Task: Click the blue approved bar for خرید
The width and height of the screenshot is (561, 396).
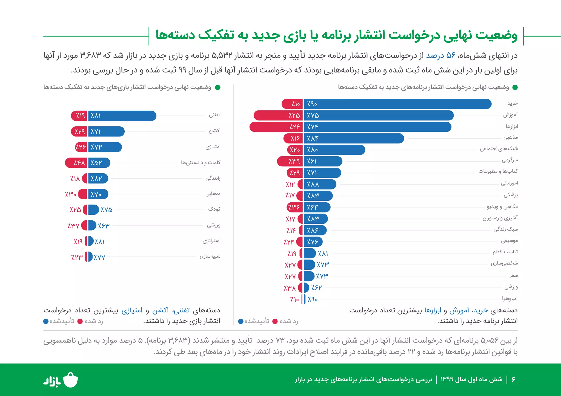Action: (x=397, y=104)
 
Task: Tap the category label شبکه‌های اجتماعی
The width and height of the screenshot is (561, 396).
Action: (x=499, y=149)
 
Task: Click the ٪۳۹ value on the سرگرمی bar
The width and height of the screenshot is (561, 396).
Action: (x=294, y=161)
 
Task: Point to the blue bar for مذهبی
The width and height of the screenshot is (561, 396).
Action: (x=353, y=138)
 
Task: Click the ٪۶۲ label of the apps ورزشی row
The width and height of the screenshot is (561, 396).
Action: (x=316, y=288)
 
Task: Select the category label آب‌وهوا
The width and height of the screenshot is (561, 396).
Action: (x=510, y=298)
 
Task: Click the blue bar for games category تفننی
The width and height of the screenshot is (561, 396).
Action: (x=122, y=116)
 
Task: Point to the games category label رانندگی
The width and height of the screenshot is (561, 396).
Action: (x=213, y=178)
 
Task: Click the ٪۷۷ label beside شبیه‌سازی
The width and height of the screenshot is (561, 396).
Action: (x=99, y=257)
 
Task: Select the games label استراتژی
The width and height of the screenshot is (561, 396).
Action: (x=211, y=241)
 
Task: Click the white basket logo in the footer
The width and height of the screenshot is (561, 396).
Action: (x=70, y=380)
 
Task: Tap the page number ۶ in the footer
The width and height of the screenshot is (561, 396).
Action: (x=513, y=379)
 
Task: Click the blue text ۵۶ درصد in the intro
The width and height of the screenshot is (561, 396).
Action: (x=440, y=56)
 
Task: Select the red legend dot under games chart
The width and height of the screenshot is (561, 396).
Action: (x=80, y=321)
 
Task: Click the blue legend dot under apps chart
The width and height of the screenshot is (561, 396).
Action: (x=241, y=321)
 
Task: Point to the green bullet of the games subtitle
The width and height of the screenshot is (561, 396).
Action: (x=218, y=88)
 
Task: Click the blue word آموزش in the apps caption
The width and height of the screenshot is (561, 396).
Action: (x=459, y=310)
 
